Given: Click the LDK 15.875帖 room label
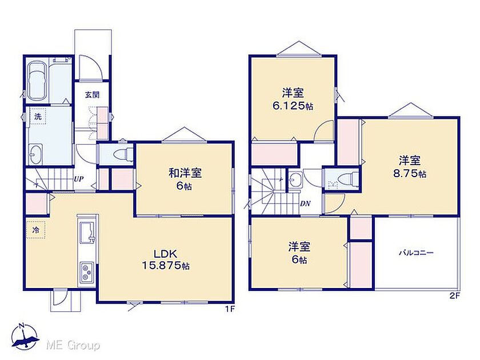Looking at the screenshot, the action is (x=165, y=259).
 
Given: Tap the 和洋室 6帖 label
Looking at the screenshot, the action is (x=185, y=179).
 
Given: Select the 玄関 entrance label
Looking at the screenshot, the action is (x=92, y=95).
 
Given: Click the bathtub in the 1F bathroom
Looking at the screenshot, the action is (x=37, y=82).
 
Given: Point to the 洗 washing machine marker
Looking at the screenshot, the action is (x=37, y=117).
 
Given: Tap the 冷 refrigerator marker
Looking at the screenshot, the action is (x=36, y=230).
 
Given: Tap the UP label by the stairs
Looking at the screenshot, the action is (x=79, y=179).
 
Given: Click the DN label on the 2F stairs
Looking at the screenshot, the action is (x=305, y=203).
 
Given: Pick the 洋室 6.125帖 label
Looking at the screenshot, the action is (x=293, y=99).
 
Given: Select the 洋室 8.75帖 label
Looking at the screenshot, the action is (x=410, y=167).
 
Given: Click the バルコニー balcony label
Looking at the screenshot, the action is (x=417, y=253).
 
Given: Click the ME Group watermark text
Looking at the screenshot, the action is (x=73, y=346).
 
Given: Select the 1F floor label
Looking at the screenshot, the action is (x=230, y=309).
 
